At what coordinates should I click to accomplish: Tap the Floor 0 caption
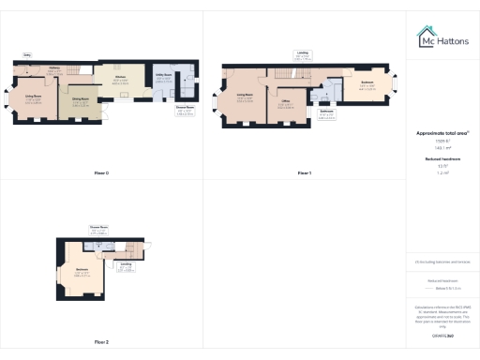[x=101, y=173]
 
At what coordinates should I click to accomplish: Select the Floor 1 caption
[x=304, y=173]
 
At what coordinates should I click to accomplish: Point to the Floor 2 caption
[x=101, y=342]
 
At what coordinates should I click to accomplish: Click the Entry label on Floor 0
[x=28, y=55]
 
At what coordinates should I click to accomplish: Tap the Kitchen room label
[x=120, y=78]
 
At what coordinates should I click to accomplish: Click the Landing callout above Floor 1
[x=302, y=53]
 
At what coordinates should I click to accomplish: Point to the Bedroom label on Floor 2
[x=82, y=274]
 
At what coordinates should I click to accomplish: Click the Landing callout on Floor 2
[x=127, y=268]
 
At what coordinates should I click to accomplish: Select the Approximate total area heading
[x=442, y=134]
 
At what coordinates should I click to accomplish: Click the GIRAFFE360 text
[x=442, y=336]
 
